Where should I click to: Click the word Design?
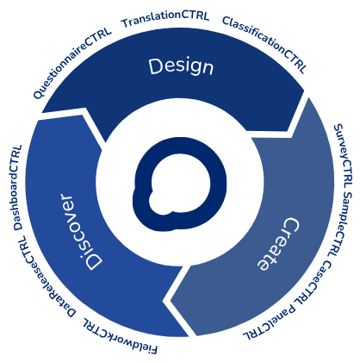point(181,67)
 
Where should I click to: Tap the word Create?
point(276,244)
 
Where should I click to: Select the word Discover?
point(82,232)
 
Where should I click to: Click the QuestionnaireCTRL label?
point(72,63)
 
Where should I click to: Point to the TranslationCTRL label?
point(165,19)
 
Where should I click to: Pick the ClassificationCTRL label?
point(264,44)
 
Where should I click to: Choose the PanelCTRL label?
point(270,322)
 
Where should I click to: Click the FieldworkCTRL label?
point(120,335)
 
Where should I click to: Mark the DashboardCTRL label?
point(18,187)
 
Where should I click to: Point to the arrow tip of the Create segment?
point(171,301)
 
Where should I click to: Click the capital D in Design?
point(157,66)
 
